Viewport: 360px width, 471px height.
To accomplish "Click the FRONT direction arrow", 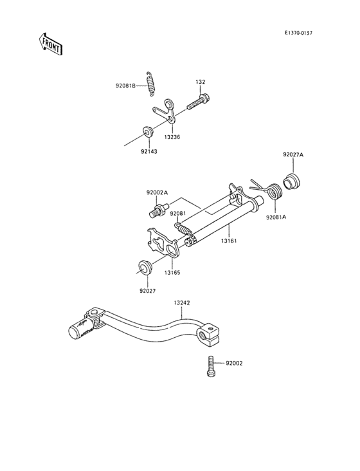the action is pos(50,44).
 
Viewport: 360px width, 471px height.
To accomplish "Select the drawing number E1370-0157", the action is pos(298,33).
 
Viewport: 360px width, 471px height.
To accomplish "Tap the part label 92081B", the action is pos(126,86).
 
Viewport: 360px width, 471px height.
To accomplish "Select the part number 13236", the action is pos(172,137).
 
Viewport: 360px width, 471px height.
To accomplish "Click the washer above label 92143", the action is pos(148,131).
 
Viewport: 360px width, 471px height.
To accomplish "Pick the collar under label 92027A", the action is pos(292,181).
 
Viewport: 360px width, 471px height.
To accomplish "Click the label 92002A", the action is pos(157,192).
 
